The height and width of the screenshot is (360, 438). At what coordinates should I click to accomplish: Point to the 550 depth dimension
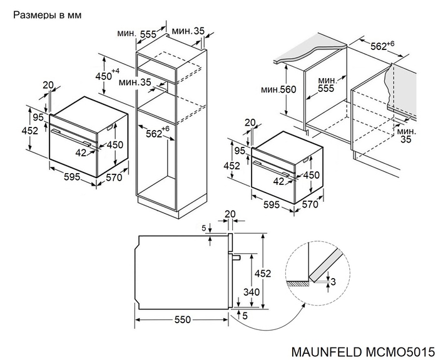coord(181,319)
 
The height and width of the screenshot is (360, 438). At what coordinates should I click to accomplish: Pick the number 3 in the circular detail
coord(333,282)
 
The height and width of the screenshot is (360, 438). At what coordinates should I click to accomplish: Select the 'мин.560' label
coord(278,90)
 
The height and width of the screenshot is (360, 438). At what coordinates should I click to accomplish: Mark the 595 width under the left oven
coord(71,177)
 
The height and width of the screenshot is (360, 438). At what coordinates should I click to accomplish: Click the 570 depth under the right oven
coord(311,204)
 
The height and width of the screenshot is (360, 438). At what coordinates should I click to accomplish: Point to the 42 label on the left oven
coord(81,152)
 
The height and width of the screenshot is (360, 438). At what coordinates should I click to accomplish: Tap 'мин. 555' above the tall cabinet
coord(139,34)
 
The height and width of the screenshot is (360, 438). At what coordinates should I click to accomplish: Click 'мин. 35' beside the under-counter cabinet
coord(407,136)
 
